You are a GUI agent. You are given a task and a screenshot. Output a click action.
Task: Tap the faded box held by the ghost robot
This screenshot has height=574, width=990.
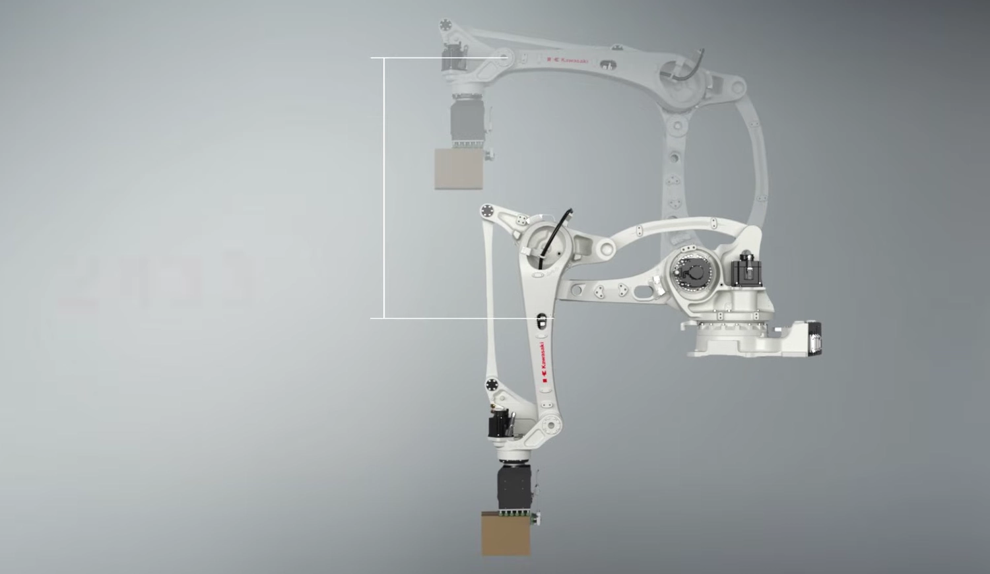[459, 169]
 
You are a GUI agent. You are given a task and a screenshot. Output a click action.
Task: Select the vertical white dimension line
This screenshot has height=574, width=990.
[385, 188]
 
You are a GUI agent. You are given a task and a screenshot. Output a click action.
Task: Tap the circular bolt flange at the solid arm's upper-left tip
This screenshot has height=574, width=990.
[488, 210]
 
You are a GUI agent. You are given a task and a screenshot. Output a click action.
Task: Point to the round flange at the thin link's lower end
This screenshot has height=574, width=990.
[492, 385]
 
